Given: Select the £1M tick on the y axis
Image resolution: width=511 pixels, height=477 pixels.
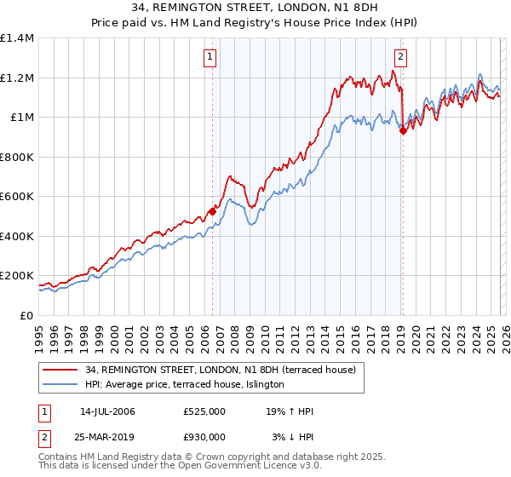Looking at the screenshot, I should click(22, 118).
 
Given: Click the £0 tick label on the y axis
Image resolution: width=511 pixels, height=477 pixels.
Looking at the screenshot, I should click(27, 315).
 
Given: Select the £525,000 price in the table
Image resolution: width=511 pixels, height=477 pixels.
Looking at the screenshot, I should click(204, 411).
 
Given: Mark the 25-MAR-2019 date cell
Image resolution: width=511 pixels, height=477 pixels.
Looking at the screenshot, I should click(108, 437).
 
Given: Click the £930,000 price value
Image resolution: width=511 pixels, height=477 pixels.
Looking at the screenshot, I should click(204, 437).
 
